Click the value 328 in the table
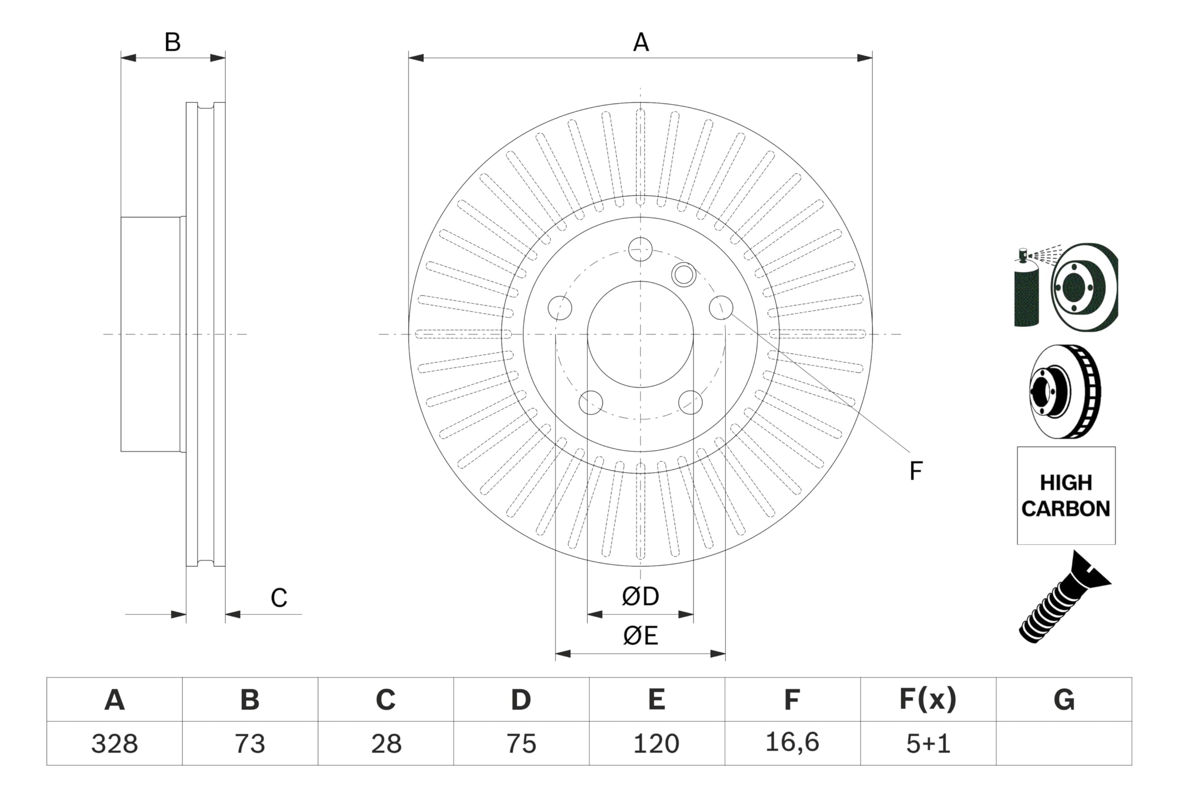tap(114, 743)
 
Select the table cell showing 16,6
tap(792, 742)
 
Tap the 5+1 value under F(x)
tap(928, 743)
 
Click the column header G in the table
tap(1064, 699)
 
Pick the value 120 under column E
tap(656, 743)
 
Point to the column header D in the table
tap(521, 699)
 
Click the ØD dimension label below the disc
tap(640, 596)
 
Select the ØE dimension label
tap(640, 635)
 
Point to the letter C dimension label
tap(279, 598)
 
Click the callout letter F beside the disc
tap(916, 471)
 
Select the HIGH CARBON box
tap(1066, 495)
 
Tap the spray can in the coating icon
tap(1026, 293)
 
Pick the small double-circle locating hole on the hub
tap(683, 275)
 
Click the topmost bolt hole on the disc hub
tap(640, 249)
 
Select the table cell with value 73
tap(250, 743)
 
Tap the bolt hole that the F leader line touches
tap(721, 307)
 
